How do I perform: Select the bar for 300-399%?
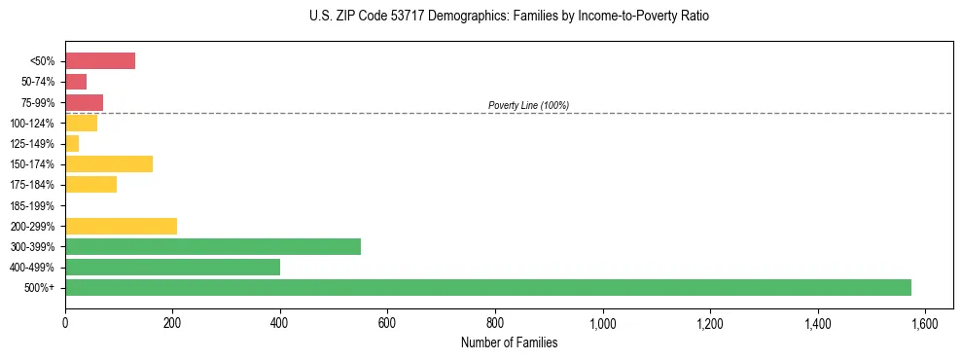(213, 246)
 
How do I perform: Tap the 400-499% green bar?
(172, 267)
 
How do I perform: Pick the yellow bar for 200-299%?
(121, 226)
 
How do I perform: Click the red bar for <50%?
(100, 61)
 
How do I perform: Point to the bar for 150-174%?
(109, 163)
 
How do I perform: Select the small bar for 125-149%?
(72, 143)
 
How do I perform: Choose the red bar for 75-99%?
(84, 102)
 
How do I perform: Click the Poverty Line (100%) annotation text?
(528, 105)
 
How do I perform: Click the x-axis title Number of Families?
(510, 342)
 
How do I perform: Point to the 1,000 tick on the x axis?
(603, 323)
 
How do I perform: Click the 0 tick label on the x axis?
(65, 323)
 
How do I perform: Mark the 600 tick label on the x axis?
(388, 323)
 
